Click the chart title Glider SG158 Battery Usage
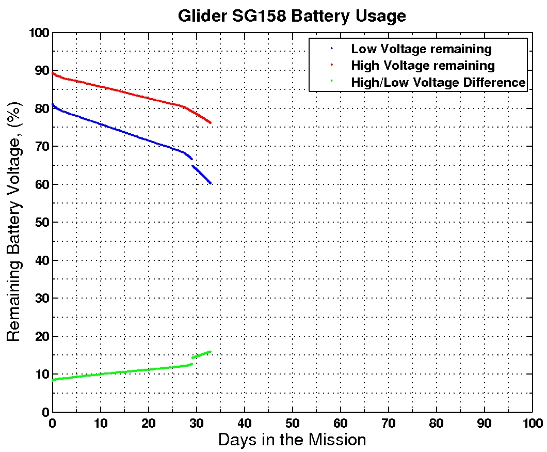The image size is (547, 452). tap(292, 15)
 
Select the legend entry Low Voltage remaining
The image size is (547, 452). tap(421, 49)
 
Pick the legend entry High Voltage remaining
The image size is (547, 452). tap(423, 66)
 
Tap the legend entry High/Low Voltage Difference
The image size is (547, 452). tap(438, 82)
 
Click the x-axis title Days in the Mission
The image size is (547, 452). tap(292, 440)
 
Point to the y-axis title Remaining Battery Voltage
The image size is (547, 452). tap(14, 222)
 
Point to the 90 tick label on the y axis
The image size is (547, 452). tap(41, 71)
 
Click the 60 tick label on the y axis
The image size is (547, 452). tap(41, 184)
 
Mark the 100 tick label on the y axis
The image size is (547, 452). tap(39, 33)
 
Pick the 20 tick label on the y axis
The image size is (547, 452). tap(41, 336)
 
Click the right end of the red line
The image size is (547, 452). tap(211, 123)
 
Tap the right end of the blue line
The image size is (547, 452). tap(211, 183)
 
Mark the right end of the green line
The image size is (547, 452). tap(210, 352)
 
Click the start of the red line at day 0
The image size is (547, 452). tap(53, 73)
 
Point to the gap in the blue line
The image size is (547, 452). tap(192, 162)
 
